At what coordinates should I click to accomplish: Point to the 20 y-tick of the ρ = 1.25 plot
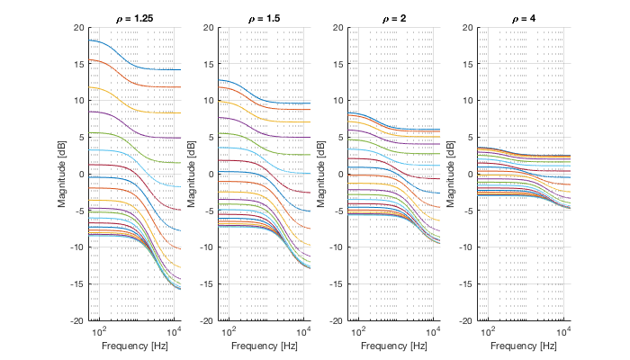pos(79,27)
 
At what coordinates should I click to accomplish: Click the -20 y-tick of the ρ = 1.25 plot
pos(77,320)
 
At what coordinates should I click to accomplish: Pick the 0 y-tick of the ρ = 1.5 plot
pos(211,174)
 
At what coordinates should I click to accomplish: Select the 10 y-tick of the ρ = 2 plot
pos(337,101)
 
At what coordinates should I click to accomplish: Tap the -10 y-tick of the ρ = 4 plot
pos(465,247)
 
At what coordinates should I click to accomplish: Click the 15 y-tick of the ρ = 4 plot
pos(467,64)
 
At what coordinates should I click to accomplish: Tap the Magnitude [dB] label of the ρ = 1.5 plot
pos(193,174)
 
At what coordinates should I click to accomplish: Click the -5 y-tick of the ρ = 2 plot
pos(337,211)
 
